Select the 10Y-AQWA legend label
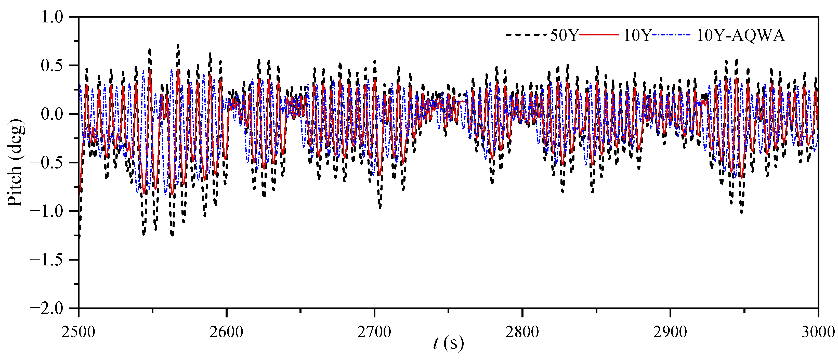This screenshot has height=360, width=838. pos(740,35)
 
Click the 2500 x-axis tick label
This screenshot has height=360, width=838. pos(79,332)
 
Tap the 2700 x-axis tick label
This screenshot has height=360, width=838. pos(374,332)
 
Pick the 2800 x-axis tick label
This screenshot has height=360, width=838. pos(522,332)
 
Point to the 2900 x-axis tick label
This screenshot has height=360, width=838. pos(670,332)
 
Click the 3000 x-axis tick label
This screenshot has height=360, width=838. pos(818,332)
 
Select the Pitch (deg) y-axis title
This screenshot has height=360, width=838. pos(16,163)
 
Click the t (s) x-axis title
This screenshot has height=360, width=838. pos(448,343)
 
